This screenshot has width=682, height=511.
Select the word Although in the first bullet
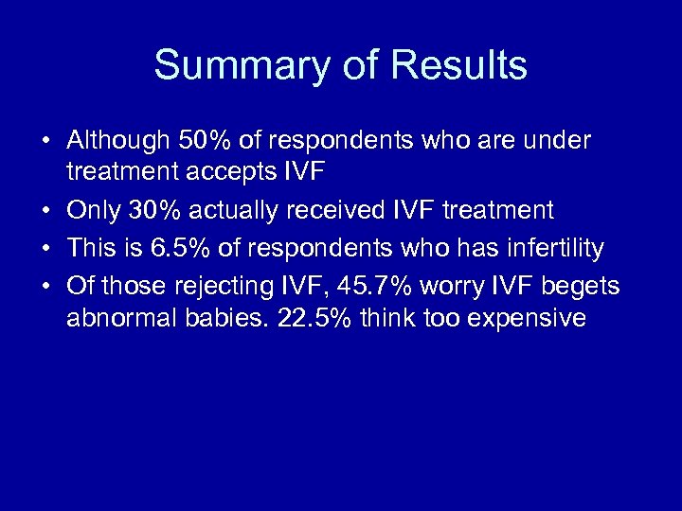click(x=117, y=141)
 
